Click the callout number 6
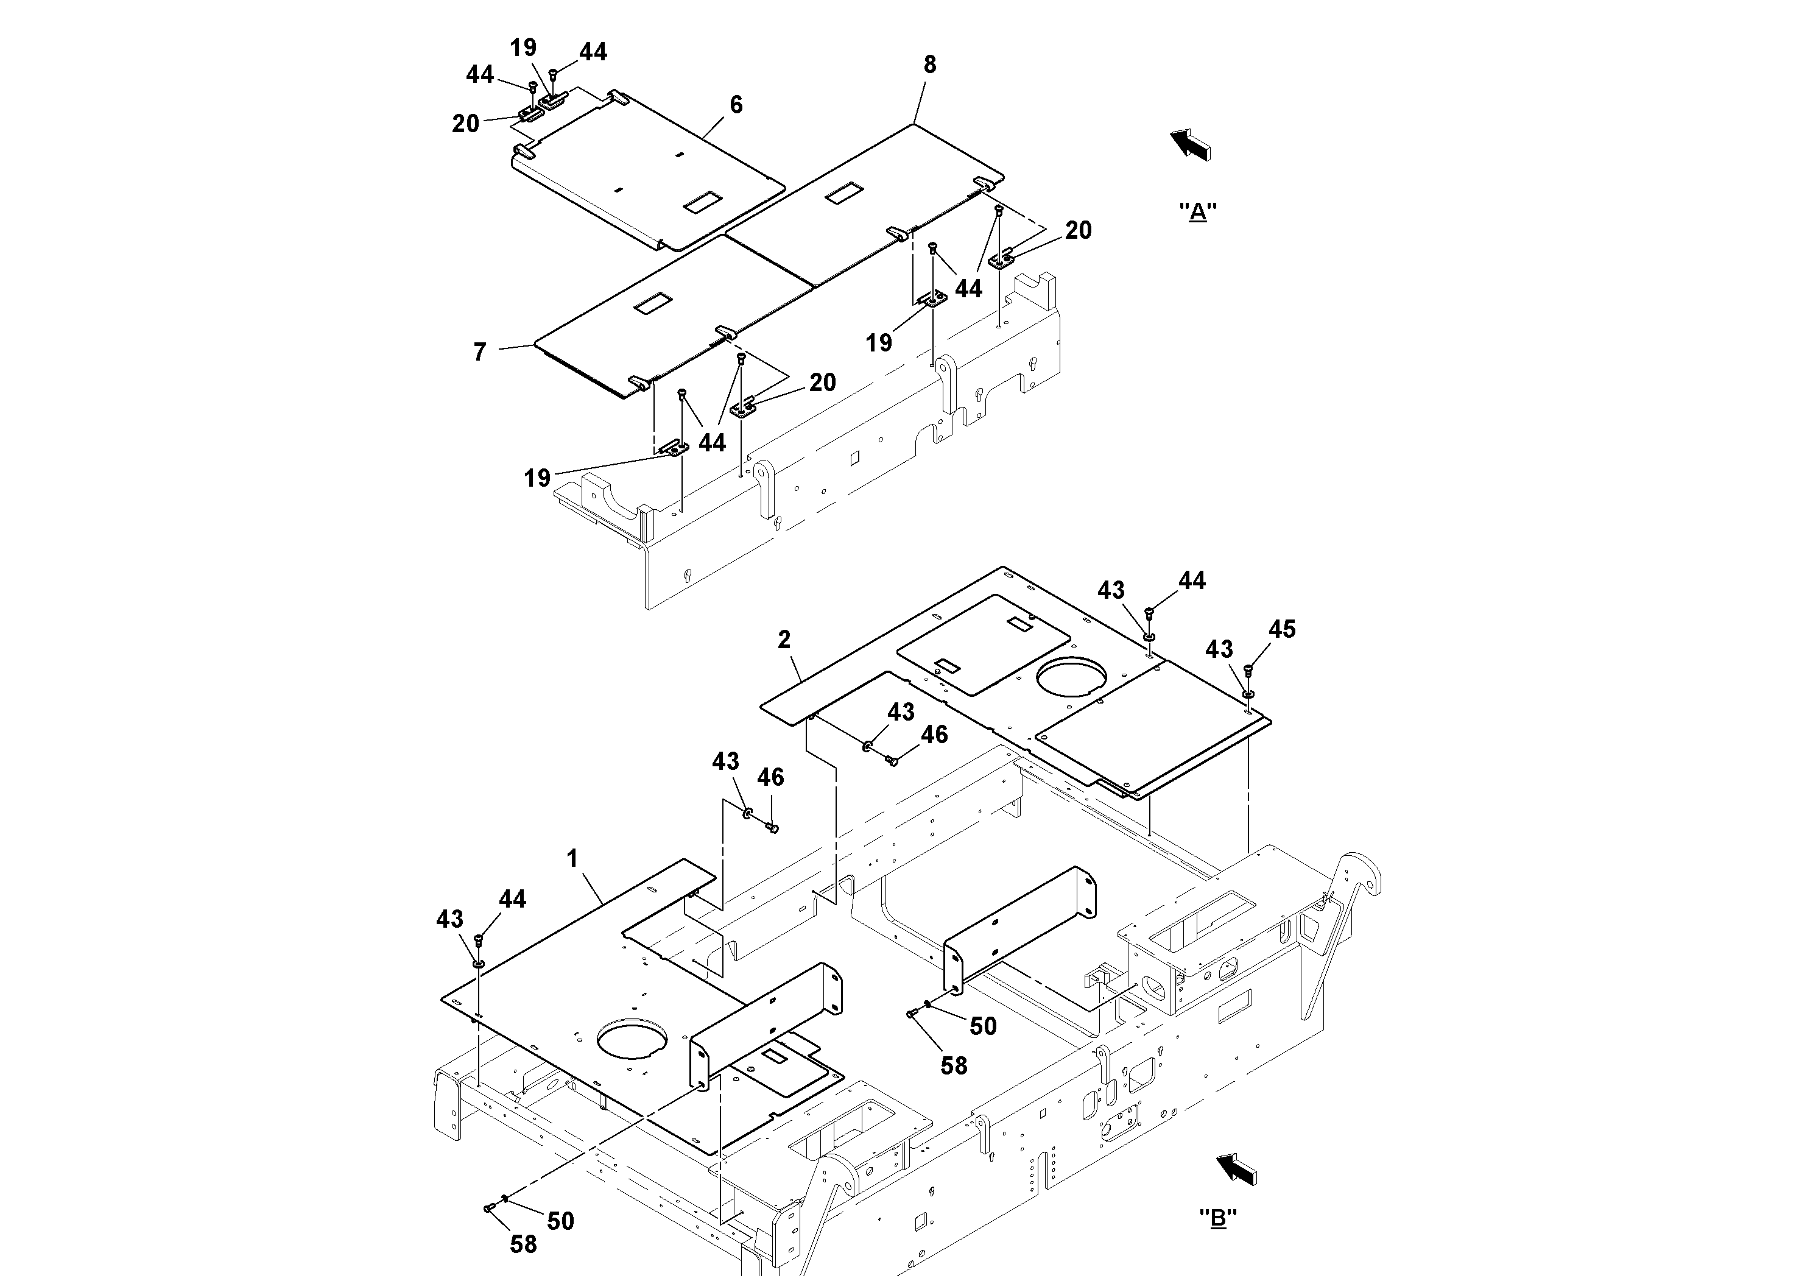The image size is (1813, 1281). [x=736, y=105]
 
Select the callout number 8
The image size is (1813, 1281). [x=930, y=65]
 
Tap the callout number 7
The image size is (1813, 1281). [x=479, y=352]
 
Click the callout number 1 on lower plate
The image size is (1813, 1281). [x=572, y=858]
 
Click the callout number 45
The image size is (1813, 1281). [x=1283, y=629]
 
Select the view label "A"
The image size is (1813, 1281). [x=1197, y=211]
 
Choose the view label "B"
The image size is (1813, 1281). [x=1217, y=1219]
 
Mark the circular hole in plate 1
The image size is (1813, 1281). [x=632, y=1039]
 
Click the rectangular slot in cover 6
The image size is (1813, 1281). [x=698, y=202]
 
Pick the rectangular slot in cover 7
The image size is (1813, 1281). [x=652, y=302]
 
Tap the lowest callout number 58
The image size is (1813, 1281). [x=523, y=1244]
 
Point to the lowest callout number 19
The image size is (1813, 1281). [x=537, y=478]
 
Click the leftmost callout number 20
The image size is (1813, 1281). [x=465, y=124]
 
